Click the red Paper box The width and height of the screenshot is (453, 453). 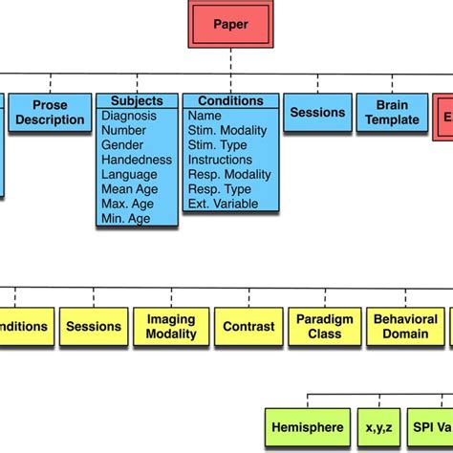tap(230, 24)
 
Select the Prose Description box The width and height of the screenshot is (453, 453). tap(51, 113)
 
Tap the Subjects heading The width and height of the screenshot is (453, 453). tap(137, 101)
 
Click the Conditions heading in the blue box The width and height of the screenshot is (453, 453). tap(229, 101)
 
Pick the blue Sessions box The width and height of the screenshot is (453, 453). tap(317, 113)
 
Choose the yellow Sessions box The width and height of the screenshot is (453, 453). tap(94, 327)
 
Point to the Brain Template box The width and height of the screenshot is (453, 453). tap(392, 113)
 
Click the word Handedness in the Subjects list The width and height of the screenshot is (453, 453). tap(137, 160)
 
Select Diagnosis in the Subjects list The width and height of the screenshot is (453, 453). tap(133, 117)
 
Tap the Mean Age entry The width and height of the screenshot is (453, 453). tap(130, 188)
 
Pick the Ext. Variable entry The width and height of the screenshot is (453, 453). tap(225, 203)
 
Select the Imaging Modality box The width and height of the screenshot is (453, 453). tap(171, 327)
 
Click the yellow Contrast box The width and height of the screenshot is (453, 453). tap(248, 327)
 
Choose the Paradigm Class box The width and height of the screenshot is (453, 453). tap(325, 327)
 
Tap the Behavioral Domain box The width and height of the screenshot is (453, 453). tap(405, 327)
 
